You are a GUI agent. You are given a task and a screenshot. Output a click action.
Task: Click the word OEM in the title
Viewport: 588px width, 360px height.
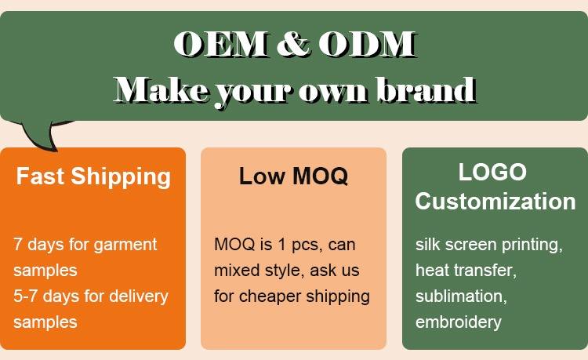coord(221,44)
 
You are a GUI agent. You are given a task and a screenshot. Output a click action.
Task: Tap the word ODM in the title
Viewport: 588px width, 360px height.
coord(368,44)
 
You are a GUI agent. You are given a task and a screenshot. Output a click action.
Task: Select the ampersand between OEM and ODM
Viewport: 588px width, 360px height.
coord(293,44)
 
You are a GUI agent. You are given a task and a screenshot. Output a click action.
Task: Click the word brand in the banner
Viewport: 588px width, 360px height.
coord(426,89)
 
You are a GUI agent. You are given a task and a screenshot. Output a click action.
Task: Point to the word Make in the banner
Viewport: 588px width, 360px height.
coord(162,89)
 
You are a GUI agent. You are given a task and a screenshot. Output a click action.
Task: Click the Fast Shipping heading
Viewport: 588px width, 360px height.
coord(93,176)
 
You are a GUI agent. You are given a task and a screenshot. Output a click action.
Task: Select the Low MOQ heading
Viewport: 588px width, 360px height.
coord(293,176)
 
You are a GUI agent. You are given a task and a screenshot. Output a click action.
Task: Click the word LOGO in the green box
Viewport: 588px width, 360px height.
coord(492,172)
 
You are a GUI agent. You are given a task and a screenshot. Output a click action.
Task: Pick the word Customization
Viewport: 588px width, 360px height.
coord(495,202)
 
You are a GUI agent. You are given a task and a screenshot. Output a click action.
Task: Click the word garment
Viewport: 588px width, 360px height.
coord(125,245)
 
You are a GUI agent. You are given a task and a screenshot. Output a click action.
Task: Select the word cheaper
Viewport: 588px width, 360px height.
coord(270,296)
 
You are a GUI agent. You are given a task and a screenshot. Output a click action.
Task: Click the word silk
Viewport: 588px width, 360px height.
coord(426,245)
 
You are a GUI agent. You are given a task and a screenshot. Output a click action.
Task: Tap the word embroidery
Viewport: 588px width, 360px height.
coord(459,322)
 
